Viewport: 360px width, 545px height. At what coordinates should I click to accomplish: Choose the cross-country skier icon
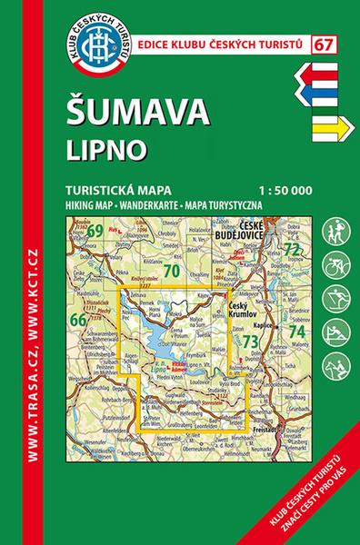[x=335, y=297]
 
